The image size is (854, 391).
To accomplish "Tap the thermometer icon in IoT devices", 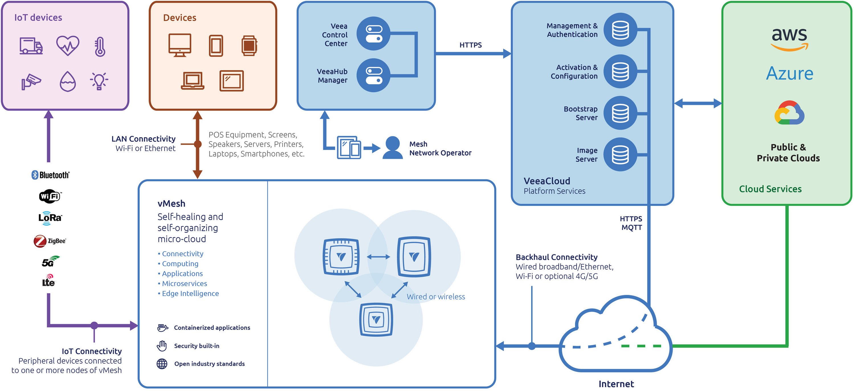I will click(100, 46).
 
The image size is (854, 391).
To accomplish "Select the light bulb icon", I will click(99, 81).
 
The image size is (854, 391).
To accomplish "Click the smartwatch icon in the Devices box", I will click(249, 45).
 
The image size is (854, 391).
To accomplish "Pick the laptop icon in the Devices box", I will click(193, 81).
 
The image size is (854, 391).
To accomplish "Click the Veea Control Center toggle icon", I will click(373, 34).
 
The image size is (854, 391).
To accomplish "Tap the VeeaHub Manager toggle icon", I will click(373, 75).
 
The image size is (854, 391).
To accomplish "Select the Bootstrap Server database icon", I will click(620, 113).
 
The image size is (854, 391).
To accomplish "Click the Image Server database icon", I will click(620, 154).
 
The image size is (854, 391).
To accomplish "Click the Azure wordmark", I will click(789, 73).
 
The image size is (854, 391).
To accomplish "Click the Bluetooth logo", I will click(50, 175).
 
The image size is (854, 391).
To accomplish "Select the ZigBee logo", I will click(50, 241).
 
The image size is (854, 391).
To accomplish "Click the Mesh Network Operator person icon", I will click(393, 148).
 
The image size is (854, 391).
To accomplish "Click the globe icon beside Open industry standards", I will click(162, 364).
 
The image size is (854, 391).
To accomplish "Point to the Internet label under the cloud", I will click(616, 384).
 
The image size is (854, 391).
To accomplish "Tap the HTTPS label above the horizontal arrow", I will click(470, 45).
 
